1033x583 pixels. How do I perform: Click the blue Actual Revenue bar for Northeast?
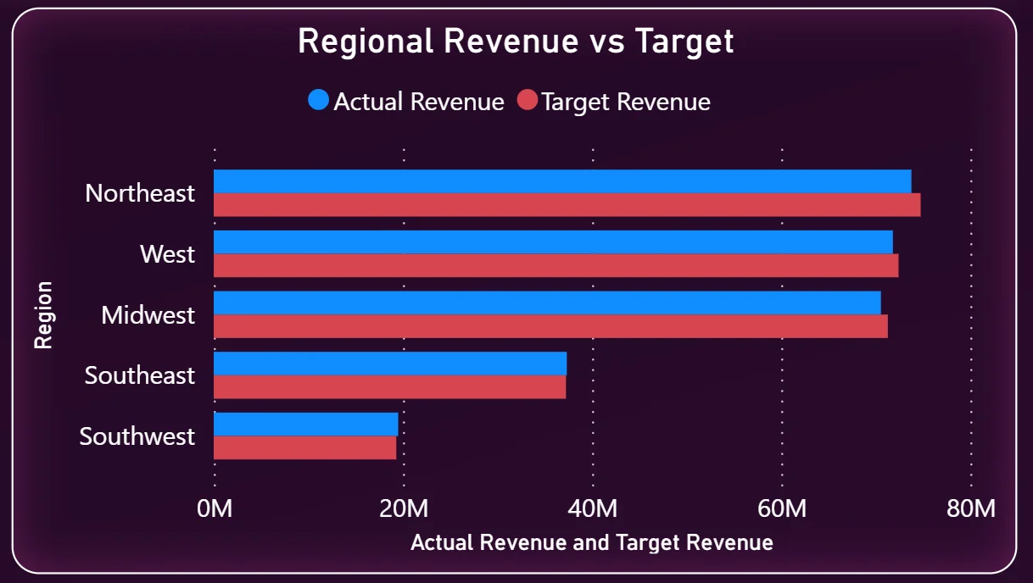[x=562, y=181]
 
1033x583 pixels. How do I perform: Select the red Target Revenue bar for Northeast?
[x=567, y=205]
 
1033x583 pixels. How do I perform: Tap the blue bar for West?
[x=553, y=242]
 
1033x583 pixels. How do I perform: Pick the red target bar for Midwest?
[x=550, y=326]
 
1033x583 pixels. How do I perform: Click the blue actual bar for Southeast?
[x=390, y=364]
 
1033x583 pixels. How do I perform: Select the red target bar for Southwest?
[x=304, y=447]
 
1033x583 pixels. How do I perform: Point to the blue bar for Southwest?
[x=306, y=424]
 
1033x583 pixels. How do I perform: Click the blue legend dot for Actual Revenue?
[x=318, y=100]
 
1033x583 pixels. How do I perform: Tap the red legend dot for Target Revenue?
[x=528, y=100]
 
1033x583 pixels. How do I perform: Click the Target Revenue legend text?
[x=626, y=102]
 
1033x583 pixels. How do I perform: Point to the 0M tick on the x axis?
[x=215, y=508]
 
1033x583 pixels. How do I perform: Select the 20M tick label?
[x=404, y=508]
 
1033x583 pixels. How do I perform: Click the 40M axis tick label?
[x=593, y=508]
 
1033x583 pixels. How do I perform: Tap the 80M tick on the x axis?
[x=971, y=508]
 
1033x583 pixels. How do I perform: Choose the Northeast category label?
[x=140, y=193]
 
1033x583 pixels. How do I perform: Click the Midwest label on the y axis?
[x=148, y=315]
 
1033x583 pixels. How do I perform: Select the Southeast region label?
[x=140, y=375]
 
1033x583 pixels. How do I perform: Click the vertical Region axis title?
[x=44, y=315]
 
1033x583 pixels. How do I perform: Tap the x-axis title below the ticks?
[x=592, y=542]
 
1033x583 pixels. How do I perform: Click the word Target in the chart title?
[x=684, y=42]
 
